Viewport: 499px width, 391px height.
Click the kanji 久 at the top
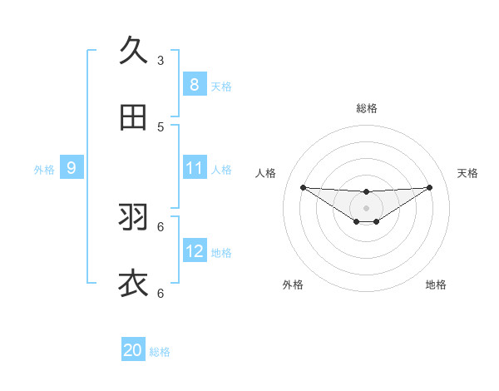(133, 52)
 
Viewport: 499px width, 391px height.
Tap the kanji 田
(133, 118)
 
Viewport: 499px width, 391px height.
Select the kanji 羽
(133, 218)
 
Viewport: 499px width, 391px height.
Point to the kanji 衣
(133, 284)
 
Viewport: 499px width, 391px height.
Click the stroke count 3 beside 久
(161, 60)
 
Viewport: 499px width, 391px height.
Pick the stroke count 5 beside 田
(161, 126)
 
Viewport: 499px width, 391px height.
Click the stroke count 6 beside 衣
(161, 293)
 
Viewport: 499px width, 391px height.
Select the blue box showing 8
(194, 84)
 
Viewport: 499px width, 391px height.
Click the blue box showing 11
(194, 168)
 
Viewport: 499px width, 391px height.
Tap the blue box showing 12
(194, 251)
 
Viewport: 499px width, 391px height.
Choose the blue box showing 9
(72, 168)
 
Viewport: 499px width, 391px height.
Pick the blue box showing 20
(132, 350)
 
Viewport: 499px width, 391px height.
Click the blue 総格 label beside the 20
(160, 352)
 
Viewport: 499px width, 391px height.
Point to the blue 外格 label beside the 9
(44, 170)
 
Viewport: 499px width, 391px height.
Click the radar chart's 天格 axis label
(467, 173)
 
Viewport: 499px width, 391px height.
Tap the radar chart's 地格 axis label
(436, 285)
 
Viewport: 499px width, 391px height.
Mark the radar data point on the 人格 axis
(303, 187)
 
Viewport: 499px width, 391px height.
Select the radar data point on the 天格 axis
(429, 187)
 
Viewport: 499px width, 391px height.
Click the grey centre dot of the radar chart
(366, 207)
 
